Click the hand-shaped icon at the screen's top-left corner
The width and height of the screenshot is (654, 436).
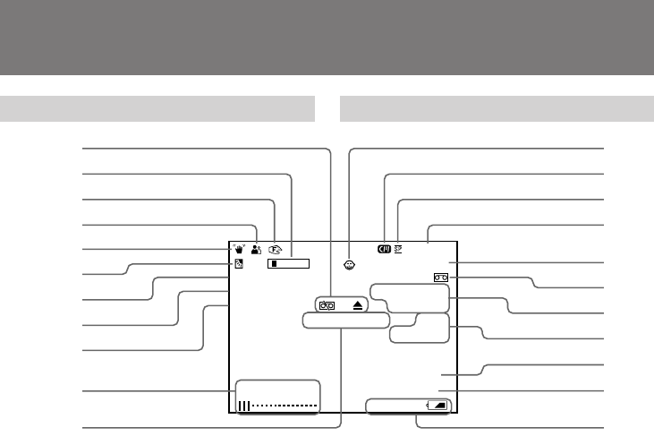(240, 251)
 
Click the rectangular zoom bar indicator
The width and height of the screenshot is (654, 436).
(290, 264)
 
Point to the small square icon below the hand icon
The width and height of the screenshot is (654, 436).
(239, 264)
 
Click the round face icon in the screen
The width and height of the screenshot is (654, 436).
(351, 265)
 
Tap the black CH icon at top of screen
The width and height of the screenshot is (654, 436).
(384, 250)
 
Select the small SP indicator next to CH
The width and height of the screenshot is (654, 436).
(397, 250)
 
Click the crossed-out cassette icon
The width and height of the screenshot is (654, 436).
(327, 304)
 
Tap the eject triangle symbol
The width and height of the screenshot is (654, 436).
(357, 304)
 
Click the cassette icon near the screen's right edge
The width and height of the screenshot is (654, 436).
(441, 278)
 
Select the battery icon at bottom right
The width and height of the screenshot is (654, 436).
(438, 406)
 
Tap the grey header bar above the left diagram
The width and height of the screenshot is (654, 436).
(157, 110)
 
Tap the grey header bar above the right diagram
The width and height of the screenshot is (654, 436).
(497, 110)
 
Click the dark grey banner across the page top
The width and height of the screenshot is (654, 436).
(327, 38)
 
